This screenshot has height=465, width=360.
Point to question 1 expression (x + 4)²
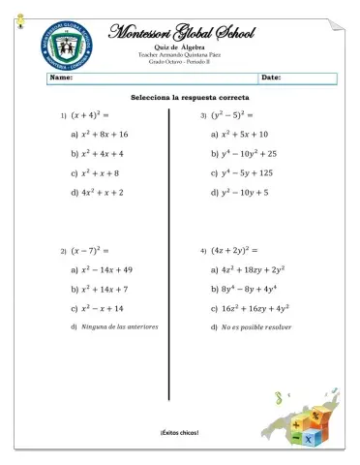pyautogui.click(x=92, y=115)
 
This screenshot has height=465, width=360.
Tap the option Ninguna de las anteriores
pyautogui.click(x=120, y=327)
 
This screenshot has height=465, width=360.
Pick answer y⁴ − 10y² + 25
pyautogui.click(x=249, y=153)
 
